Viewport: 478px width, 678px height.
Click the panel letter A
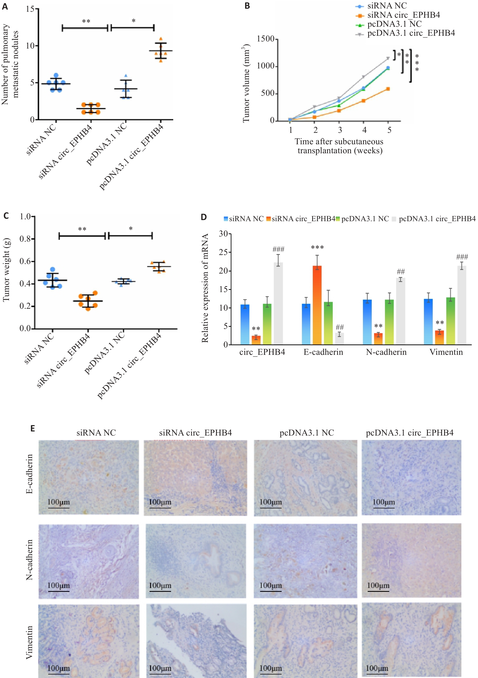tap(5, 7)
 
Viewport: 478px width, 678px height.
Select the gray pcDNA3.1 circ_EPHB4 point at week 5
tap(388, 58)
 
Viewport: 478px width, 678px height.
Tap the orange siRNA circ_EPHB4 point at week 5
tap(388, 89)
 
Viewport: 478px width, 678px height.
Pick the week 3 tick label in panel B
tap(340, 130)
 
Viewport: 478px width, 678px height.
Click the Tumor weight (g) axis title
tap(7, 270)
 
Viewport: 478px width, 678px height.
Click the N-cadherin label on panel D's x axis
tap(386, 352)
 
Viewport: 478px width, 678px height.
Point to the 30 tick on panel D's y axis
tap(224, 234)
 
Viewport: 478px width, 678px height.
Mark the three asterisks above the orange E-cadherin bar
tap(317, 247)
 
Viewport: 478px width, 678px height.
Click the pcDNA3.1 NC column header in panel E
tap(307, 433)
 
